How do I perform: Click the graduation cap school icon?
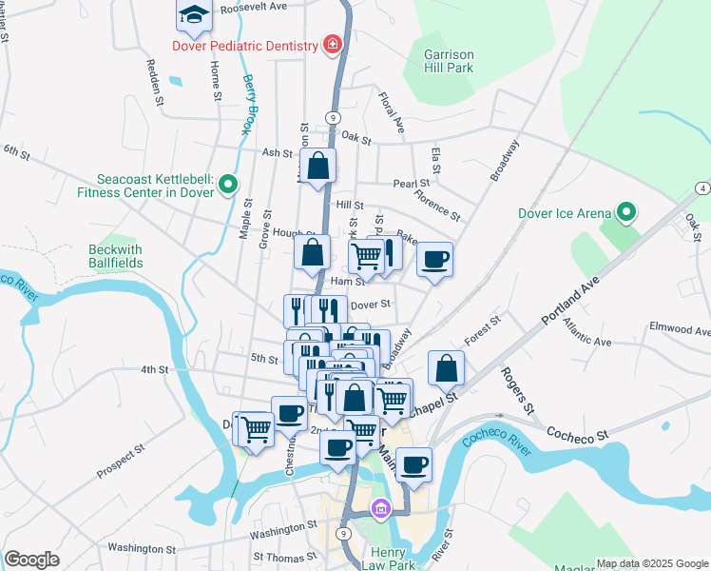(x=193, y=16)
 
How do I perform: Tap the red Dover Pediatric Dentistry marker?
(x=332, y=44)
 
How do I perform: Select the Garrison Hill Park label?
(x=449, y=69)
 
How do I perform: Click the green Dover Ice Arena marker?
(x=626, y=212)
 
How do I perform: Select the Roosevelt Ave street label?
(x=253, y=7)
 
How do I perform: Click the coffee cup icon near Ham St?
(x=434, y=259)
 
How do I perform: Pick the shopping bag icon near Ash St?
(x=318, y=166)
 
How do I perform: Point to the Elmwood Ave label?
(x=680, y=330)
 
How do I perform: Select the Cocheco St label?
(x=577, y=434)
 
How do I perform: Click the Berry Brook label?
(x=250, y=104)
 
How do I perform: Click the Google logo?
(x=31, y=560)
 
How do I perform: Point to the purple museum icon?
(x=381, y=509)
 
